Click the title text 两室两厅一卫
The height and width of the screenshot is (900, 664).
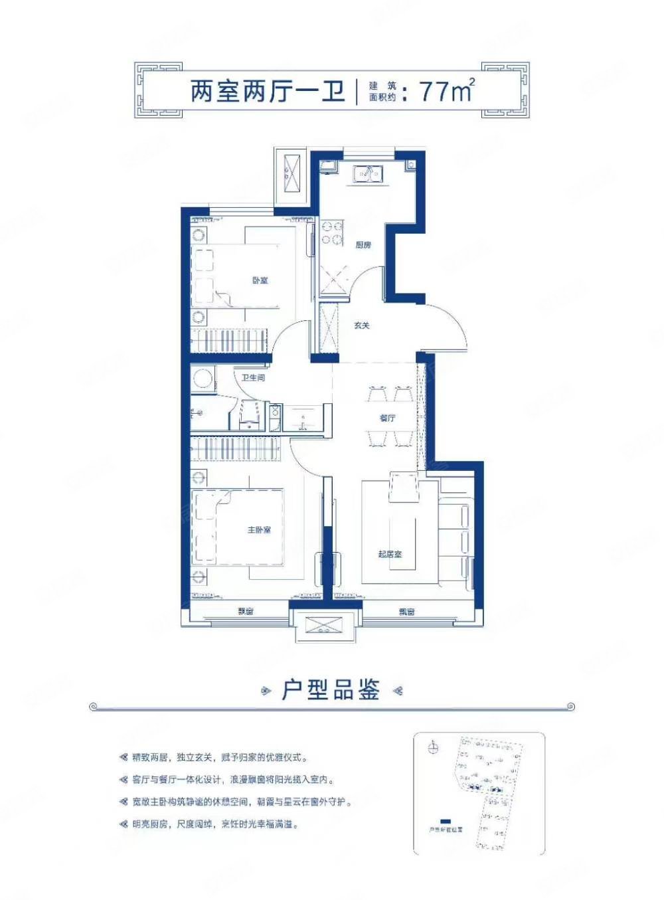[268, 91]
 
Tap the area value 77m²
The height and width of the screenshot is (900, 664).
[447, 90]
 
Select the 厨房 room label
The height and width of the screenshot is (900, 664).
[363, 245]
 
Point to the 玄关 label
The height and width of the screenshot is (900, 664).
[361, 325]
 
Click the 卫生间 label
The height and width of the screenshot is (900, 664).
[253, 377]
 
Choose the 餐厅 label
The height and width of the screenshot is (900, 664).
[387, 418]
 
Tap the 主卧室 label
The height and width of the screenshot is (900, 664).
[259, 529]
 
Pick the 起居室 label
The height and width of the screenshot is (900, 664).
[390, 553]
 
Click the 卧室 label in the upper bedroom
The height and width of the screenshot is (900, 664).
[260, 280]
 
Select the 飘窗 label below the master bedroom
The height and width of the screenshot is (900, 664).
[246, 612]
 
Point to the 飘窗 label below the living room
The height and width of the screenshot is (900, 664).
[406, 612]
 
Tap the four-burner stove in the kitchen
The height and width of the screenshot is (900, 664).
[332, 233]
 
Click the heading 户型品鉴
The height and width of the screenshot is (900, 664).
[331, 690]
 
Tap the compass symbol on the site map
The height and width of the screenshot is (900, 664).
[433, 748]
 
